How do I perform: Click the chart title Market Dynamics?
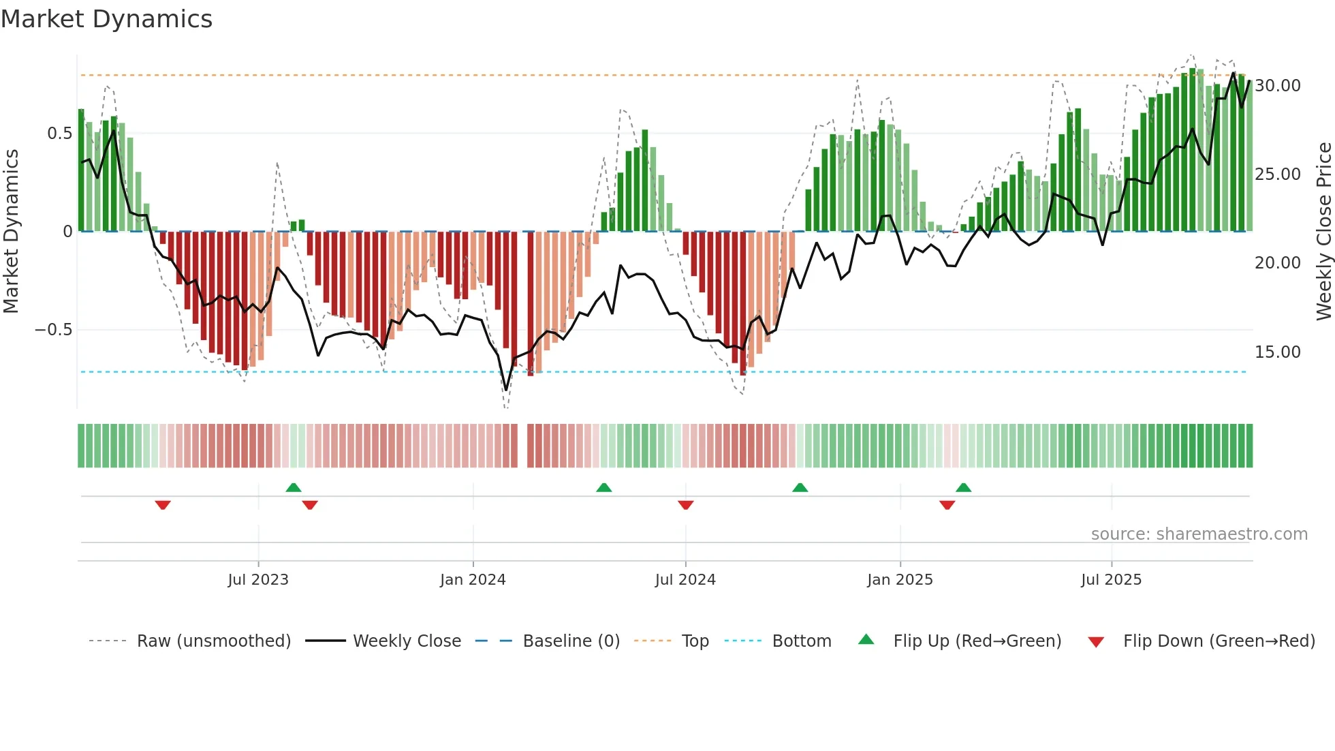tap(106, 19)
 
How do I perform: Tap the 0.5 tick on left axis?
tap(59, 134)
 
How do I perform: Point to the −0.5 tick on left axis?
tap(53, 330)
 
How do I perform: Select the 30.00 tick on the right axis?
tap(1277, 86)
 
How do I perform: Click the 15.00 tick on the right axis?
tap(1277, 352)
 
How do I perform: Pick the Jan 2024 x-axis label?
tap(473, 580)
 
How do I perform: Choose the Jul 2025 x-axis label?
tap(1111, 580)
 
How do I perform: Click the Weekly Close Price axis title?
tap(1323, 232)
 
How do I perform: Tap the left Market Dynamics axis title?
tap(11, 232)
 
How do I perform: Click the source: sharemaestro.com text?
tap(1199, 534)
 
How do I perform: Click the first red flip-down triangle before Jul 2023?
tap(163, 505)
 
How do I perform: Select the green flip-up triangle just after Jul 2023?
tap(294, 487)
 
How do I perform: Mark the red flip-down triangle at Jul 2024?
tap(686, 505)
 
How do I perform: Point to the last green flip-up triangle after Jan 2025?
tap(963, 487)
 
